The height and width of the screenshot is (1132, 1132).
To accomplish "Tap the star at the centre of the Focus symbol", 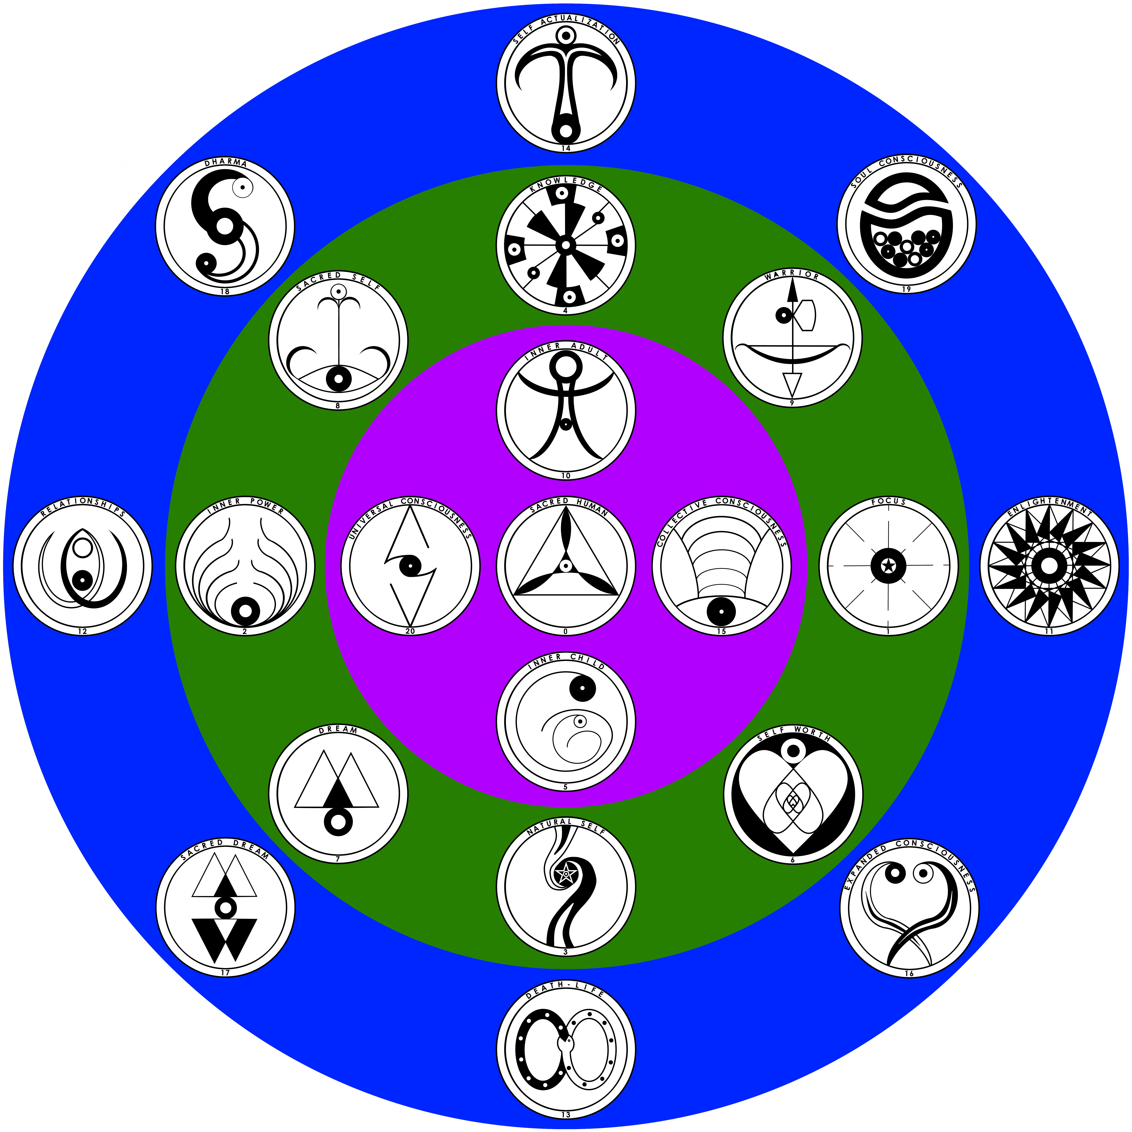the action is (888, 566).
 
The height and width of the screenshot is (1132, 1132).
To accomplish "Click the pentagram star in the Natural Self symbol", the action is (566, 875).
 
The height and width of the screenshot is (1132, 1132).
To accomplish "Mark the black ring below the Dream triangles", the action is (338, 822).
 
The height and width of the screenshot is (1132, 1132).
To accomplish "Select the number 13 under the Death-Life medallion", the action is (565, 1114).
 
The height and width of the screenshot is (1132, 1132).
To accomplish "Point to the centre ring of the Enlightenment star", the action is (1049, 566).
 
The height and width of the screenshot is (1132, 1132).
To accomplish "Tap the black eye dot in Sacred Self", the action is (338, 378).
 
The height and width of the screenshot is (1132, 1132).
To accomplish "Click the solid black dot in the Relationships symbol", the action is (83, 580).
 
